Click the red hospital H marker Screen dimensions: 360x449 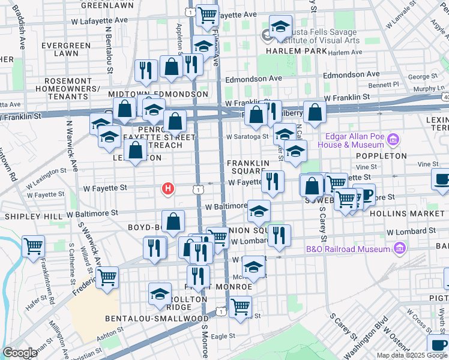click(x=169, y=189)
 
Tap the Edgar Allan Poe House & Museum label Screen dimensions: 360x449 click(x=355, y=140)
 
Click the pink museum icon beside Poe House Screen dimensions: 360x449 click(x=393, y=140)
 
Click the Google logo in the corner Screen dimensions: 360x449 click(x=20, y=353)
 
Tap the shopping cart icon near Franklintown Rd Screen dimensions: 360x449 click(x=33, y=245)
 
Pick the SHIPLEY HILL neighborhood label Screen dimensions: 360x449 click(x=33, y=215)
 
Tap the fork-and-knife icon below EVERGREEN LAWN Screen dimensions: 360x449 click(x=145, y=70)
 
